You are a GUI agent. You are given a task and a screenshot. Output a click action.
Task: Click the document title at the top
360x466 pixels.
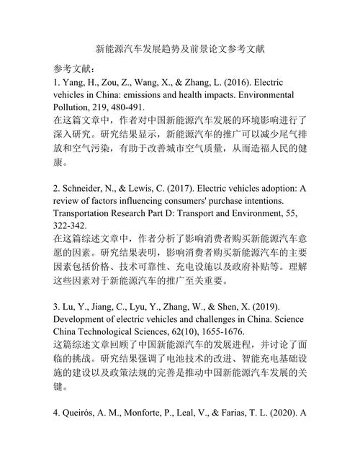tap(180, 50)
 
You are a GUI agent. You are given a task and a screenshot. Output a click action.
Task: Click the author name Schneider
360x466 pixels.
tap(90, 189)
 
